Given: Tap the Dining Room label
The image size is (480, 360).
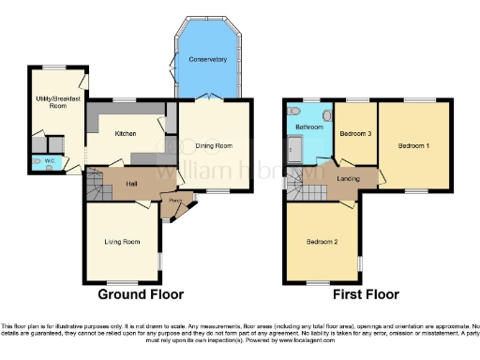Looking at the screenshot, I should pos(215,145).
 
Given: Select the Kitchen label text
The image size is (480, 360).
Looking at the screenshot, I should pos(126,134).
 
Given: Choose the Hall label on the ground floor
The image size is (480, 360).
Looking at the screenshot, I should pos(131,184).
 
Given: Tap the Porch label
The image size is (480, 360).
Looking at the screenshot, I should pos(173,202).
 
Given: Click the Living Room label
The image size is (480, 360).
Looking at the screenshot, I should pos(122,242).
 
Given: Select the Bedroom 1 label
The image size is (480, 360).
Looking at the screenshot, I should pos(413,146).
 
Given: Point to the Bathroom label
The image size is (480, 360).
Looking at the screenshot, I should pos(309,127).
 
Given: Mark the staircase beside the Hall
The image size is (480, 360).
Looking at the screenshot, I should pos(96,187).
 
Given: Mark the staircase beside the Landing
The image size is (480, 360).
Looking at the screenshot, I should pos(298,188).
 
